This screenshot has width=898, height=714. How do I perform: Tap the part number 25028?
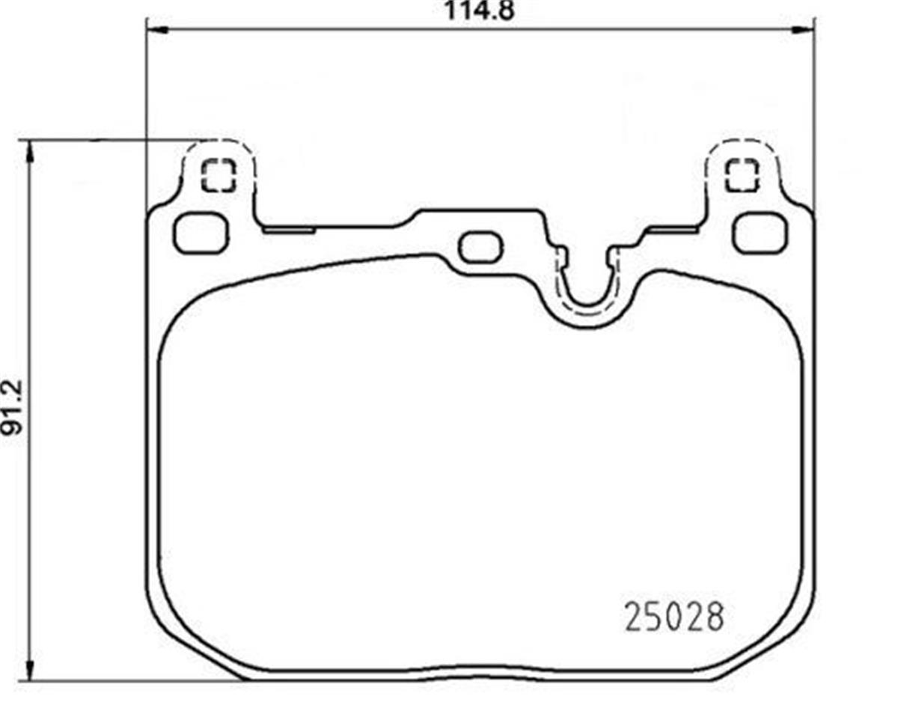tap(674, 617)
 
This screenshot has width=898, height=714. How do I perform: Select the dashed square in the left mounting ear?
tap(219, 175)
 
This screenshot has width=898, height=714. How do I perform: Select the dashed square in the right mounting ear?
tap(742, 175)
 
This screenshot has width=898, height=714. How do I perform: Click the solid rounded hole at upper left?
tap(201, 233)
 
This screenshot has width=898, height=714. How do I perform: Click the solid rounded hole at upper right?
tap(760, 233)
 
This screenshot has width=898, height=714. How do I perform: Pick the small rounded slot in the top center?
tap(480, 248)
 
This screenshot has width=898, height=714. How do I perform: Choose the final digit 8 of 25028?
tap(715, 617)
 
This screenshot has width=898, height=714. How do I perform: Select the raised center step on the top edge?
tap(479, 213)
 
